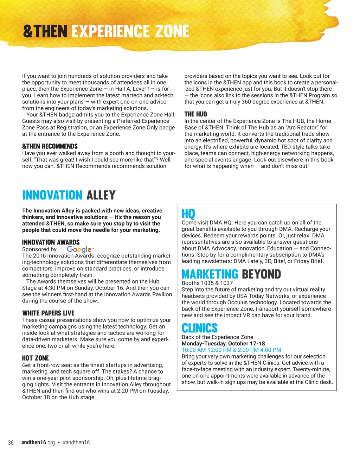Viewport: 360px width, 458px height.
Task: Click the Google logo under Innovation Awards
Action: pos(80,249)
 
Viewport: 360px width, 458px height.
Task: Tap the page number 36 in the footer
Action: pos(11,443)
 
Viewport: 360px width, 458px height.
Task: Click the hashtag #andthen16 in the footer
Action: pos(76,443)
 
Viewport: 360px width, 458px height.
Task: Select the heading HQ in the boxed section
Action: pos(188,214)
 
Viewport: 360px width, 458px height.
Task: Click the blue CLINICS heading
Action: pos(200,328)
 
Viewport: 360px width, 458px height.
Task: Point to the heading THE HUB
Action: pos(195,114)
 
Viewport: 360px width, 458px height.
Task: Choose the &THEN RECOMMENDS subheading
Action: pos(50,146)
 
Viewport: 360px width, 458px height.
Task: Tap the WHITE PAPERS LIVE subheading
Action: pos(48,313)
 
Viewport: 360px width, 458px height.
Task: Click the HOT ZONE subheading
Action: pos(36,358)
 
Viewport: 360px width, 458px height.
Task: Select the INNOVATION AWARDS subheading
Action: pos(51,242)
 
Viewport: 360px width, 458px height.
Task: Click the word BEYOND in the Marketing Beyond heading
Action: pos(261,274)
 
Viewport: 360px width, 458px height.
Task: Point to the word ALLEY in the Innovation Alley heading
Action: pos(101,195)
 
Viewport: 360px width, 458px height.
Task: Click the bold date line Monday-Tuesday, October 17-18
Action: pos(223,343)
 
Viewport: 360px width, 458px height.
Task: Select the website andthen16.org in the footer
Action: pos(38,443)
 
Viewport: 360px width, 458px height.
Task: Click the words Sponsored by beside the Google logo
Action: pos(39,249)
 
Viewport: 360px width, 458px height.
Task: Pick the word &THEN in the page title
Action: pos(45,32)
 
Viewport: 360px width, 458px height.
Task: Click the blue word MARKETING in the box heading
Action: pos(210,274)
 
